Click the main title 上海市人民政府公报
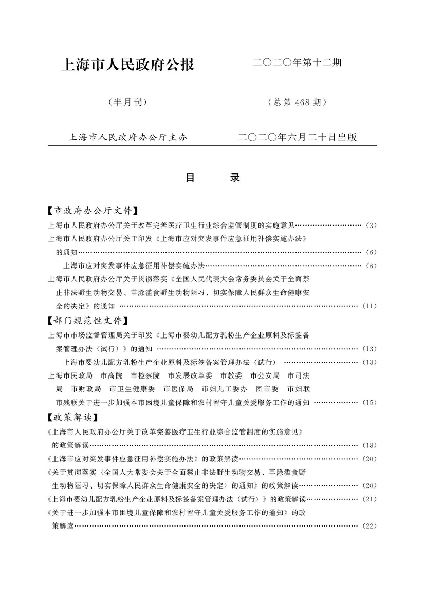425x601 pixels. [x=127, y=65]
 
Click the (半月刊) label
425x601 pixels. [x=127, y=102]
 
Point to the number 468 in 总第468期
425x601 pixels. [x=300, y=102]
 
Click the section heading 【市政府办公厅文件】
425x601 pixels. [x=93, y=211]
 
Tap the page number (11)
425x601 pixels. [x=369, y=306]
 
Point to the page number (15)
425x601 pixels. [x=369, y=402]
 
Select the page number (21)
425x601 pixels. [x=369, y=499]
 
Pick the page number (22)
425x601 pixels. [x=369, y=525]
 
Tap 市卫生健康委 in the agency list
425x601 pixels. [x=133, y=389]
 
